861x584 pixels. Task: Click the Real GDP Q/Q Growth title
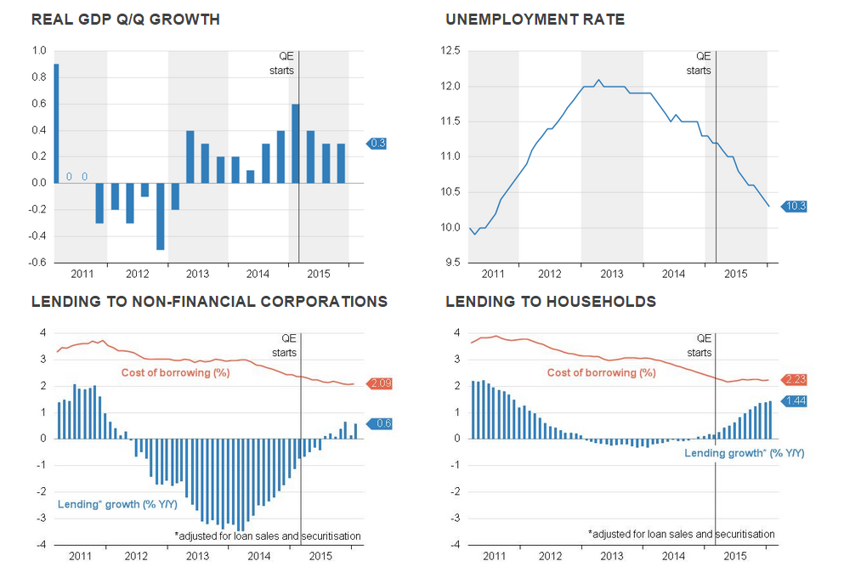[x=125, y=20]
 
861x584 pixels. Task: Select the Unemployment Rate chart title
[x=535, y=20]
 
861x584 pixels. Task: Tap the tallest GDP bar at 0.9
[x=56, y=123]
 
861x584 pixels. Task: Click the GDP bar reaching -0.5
[x=160, y=216]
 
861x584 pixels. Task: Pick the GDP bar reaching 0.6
[x=295, y=143]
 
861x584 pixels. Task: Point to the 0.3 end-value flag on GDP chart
[x=377, y=144]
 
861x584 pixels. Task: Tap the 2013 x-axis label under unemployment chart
[x=612, y=274]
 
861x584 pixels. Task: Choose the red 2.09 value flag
[x=379, y=384]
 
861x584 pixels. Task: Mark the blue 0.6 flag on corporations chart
[x=379, y=423]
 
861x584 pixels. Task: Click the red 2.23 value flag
[x=793, y=380]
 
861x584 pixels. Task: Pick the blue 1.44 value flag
[x=793, y=401]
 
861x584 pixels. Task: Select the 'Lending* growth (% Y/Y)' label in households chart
[x=744, y=453]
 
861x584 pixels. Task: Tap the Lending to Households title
[x=550, y=302]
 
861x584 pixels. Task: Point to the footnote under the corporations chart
[x=267, y=536]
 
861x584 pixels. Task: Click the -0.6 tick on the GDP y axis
[x=38, y=263]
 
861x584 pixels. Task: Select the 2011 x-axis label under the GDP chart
[x=82, y=274]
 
